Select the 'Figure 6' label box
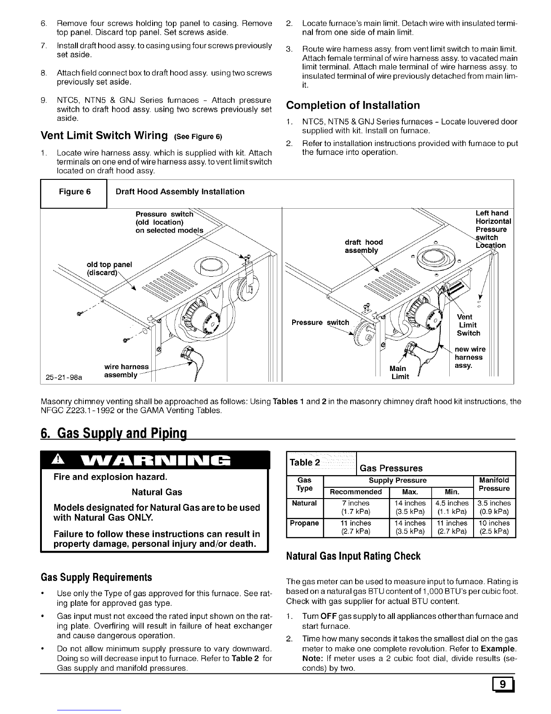click(75, 192)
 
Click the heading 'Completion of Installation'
click(353, 105)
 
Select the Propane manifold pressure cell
click(495, 527)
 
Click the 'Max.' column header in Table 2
click(410, 491)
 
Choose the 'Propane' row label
click(304, 523)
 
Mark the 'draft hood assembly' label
click(364, 246)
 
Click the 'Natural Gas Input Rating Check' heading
click(353, 556)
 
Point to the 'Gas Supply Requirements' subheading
click(96, 577)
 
